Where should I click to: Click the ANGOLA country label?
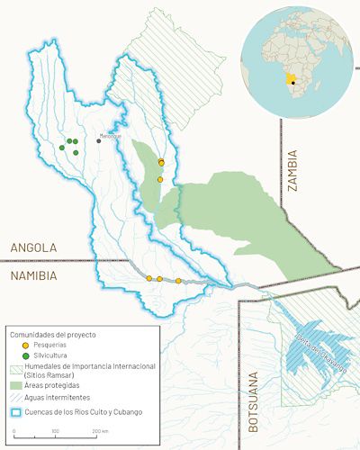click(33, 247)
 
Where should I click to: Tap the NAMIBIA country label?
click(35, 274)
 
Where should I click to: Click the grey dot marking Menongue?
click(99, 140)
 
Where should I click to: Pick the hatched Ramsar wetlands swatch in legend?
click(15, 367)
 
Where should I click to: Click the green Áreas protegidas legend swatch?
click(15, 385)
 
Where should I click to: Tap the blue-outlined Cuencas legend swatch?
click(15, 412)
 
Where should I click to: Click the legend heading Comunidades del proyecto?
click(52, 334)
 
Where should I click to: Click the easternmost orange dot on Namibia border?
click(178, 281)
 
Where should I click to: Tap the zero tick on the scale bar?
click(15, 432)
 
